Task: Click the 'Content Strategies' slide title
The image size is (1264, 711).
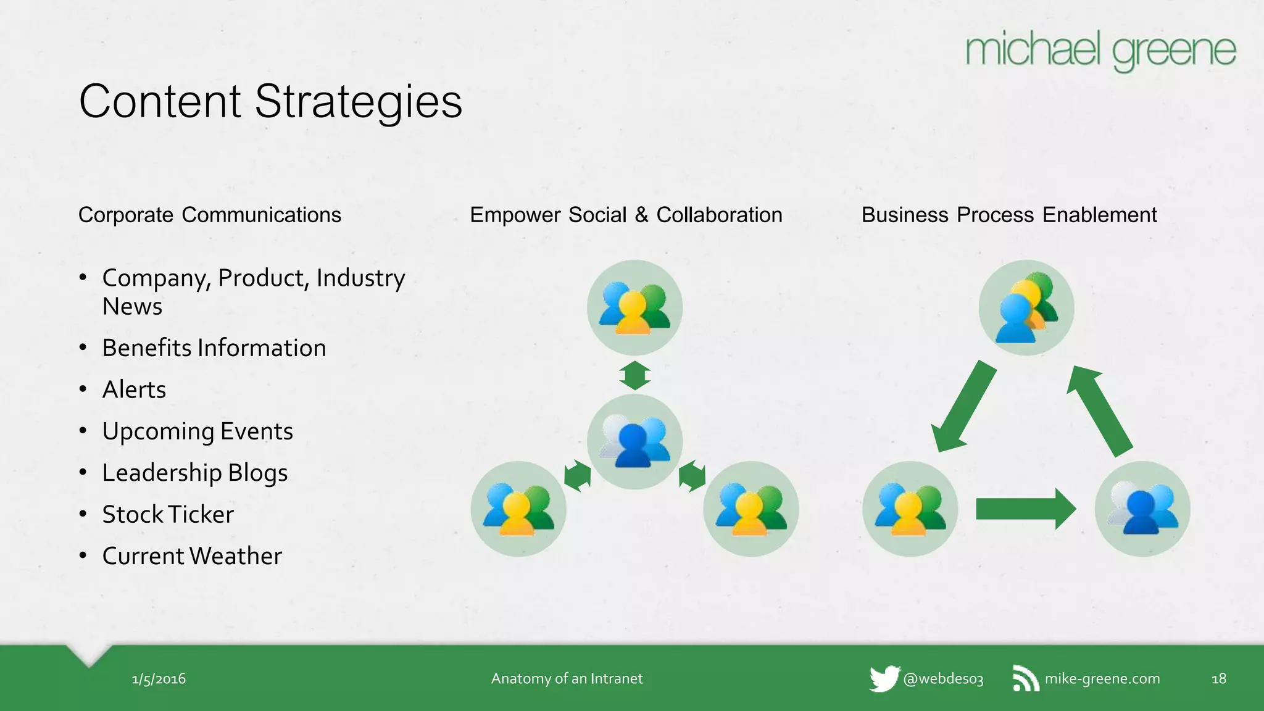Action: (x=270, y=102)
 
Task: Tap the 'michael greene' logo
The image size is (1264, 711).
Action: (x=1100, y=51)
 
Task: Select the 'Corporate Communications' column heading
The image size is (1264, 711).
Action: (x=210, y=215)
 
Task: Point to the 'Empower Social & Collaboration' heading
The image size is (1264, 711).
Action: (x=626, y=215)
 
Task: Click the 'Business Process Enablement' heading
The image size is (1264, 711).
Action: (x=1008, y=215)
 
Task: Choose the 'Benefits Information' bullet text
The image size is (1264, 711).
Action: (x=214, y=348)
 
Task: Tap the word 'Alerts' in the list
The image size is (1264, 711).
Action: (x=134, y=389)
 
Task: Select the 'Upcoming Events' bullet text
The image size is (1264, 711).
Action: (x=197, y=431)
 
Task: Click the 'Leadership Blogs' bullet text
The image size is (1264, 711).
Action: (x=195, y=473)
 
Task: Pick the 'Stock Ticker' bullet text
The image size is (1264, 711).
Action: (x=168, y=515)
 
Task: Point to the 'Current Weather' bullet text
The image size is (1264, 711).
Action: (x=192, y=556)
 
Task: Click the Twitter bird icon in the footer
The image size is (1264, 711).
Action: (x=884, y=678)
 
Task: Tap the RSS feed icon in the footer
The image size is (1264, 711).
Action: (x=1025, y=679)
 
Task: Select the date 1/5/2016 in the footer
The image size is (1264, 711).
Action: (x=159, y=679)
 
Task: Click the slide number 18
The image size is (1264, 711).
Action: (x=1218, y=679)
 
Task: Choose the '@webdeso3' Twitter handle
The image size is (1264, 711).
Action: (x=943, y=679)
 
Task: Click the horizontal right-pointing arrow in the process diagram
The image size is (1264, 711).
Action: (x=1025, y=509)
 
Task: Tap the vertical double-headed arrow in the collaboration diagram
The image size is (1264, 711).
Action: (x=634, y=375)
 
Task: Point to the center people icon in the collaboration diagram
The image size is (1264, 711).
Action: (x=634, y=441)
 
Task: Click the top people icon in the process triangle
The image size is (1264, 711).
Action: (x=1026, y=307)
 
